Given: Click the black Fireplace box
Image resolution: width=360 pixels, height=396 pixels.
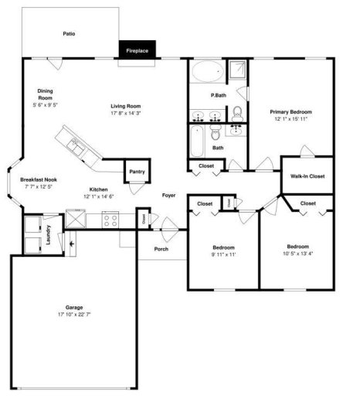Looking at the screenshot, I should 138,51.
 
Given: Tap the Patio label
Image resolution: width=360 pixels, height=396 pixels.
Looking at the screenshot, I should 69,34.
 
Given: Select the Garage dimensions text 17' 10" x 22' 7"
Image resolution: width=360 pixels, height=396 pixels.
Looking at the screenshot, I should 74,315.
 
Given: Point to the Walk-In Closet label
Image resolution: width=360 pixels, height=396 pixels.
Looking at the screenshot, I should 307,176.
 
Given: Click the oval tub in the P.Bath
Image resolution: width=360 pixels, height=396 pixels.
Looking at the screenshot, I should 206,73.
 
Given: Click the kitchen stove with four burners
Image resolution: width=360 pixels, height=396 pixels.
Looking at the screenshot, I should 110,220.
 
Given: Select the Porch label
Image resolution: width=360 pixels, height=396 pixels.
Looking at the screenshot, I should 161,249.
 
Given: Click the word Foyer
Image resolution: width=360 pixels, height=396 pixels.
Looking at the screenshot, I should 168,195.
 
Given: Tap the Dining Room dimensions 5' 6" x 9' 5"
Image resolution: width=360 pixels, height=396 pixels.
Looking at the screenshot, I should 46,105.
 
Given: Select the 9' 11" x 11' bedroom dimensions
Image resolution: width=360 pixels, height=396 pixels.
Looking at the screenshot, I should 223,254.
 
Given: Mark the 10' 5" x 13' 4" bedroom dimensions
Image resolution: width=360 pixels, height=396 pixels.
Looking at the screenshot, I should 297,253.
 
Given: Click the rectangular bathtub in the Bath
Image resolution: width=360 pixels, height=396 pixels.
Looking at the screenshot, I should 196,143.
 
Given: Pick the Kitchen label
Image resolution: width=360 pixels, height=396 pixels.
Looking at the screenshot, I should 98,189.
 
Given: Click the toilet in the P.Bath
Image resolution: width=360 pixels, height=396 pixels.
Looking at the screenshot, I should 237,116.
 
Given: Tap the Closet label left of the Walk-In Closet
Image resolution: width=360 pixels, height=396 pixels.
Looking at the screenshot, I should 206,166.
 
